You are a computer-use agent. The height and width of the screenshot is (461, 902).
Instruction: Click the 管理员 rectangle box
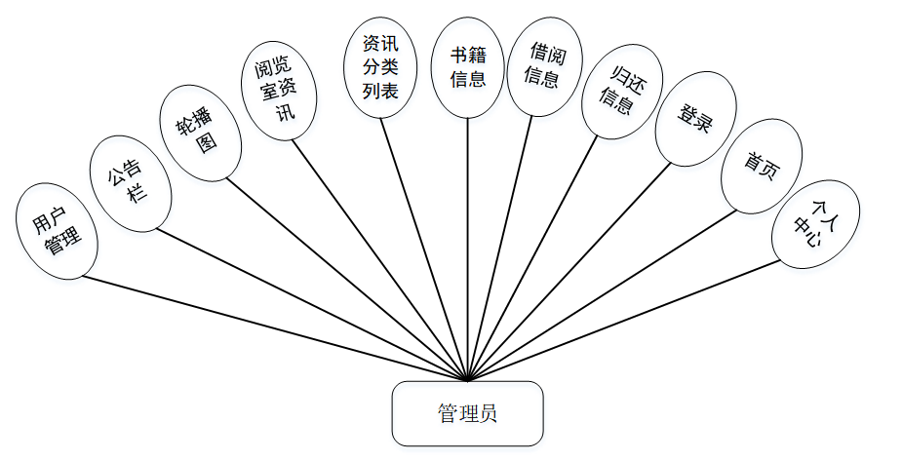467,413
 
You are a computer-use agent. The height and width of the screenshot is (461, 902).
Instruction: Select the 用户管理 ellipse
57,231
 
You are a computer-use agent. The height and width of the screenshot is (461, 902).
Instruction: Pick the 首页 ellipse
762,166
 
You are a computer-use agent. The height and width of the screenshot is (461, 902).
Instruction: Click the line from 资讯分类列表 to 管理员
424,249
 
